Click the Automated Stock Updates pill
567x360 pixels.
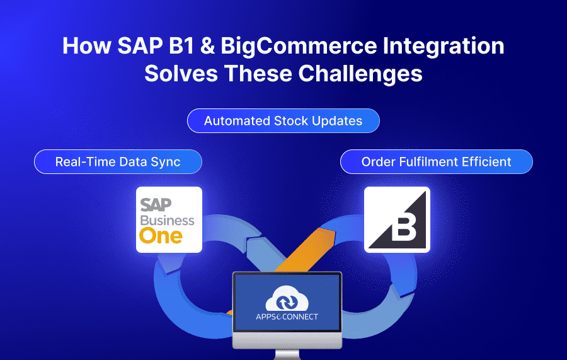point(283,121)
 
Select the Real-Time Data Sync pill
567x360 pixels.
point(118,162)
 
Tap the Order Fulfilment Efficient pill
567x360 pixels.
point(436,162)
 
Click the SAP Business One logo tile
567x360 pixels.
point(169,219)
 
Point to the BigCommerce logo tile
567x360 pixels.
point(397,219)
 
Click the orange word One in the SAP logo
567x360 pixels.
point(161,236)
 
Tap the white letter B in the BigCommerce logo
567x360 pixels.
point(404,229)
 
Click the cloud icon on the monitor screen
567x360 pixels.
point(287,298)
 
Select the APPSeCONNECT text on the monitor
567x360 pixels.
point(287,317)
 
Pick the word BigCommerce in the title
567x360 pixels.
point(299,46)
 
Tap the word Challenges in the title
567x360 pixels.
point(360,73)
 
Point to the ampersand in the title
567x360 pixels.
point(207,46)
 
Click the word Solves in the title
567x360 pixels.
point(181,73)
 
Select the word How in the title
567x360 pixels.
point(87,46)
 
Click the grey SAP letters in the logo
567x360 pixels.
point(156,205)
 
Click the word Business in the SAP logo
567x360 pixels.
point(167,220)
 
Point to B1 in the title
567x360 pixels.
point(181,46)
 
